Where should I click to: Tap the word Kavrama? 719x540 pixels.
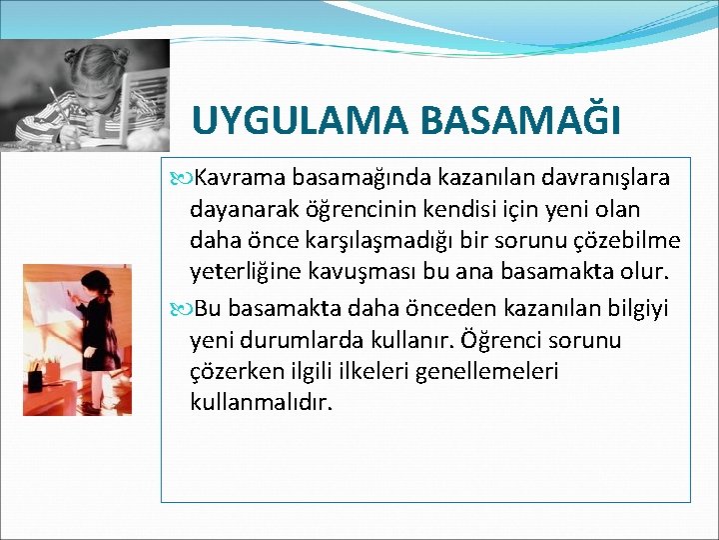click(240, 178)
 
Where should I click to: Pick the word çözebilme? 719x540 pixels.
click(621, 242)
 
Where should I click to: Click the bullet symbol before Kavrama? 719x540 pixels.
click(181, 179)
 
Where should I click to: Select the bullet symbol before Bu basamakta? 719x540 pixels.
click(181, 308)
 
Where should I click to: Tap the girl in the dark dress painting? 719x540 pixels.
click(97, 335)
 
